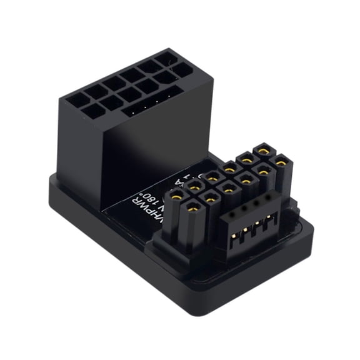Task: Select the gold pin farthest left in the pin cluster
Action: click(177, 197)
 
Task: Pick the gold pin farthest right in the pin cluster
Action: click(281, 163)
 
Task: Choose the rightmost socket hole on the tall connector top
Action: click(182, 69)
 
